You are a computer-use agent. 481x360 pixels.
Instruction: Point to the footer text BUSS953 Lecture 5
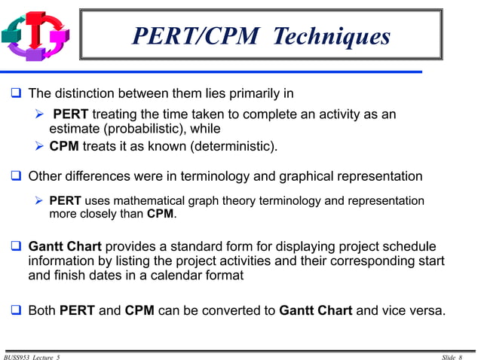[32, 355]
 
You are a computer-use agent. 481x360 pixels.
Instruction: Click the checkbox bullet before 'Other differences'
[15, 177]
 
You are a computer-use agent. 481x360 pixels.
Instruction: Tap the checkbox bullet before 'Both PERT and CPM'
[15, 309]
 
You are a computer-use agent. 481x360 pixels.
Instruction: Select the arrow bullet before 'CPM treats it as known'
[41, 146]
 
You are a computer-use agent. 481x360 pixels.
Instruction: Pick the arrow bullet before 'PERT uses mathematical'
[41, 201]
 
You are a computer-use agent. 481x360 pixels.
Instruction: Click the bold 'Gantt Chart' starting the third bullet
[64, 247]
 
